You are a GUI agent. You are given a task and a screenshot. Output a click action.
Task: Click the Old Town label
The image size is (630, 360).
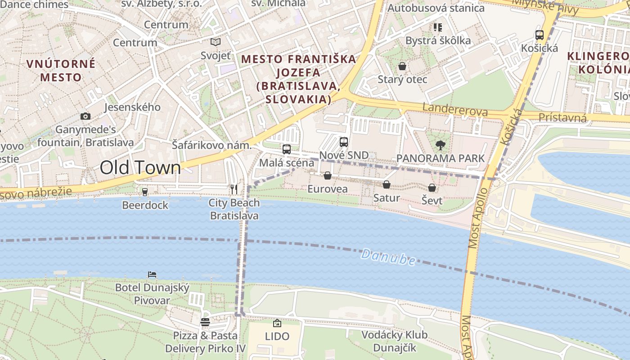(140, 168)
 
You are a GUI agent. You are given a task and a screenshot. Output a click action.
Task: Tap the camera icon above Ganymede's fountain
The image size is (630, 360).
(85, 116)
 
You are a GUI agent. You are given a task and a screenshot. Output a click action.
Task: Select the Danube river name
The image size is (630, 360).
(388, 257)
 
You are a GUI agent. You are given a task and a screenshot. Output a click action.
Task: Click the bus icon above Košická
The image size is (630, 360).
(539, 35)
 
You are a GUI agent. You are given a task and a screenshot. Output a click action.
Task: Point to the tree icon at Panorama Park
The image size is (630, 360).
(440, 145)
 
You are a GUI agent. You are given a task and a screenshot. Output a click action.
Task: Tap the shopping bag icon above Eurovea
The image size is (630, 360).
(328, 175)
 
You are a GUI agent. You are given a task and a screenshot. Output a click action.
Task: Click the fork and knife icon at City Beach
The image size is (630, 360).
(234, 189)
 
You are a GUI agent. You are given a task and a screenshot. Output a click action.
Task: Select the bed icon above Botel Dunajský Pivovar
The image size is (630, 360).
(152, 274)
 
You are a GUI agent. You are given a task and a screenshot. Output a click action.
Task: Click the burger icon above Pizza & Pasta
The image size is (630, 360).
(205, 322)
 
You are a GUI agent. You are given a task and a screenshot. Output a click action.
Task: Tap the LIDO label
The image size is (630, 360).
(277, 336)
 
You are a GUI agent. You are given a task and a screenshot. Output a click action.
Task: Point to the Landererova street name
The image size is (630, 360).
(455, 110)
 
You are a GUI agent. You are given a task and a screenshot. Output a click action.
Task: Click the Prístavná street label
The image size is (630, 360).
(562, 118)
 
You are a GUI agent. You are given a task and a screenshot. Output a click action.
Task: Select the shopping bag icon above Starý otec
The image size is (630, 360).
(402, 66)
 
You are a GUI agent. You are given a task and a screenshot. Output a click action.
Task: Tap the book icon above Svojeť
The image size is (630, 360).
(216, 42)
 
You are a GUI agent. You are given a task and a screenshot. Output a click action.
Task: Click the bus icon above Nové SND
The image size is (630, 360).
(344, 142)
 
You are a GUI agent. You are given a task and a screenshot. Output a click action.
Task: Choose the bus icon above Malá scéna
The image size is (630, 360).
(286, 149)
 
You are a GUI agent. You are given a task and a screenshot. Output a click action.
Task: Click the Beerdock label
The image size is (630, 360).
(145, 205)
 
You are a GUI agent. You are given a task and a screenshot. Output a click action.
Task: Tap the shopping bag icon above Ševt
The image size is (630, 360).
(432, 188)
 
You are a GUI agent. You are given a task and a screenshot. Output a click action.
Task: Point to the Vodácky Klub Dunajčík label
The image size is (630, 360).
(394, 342)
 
